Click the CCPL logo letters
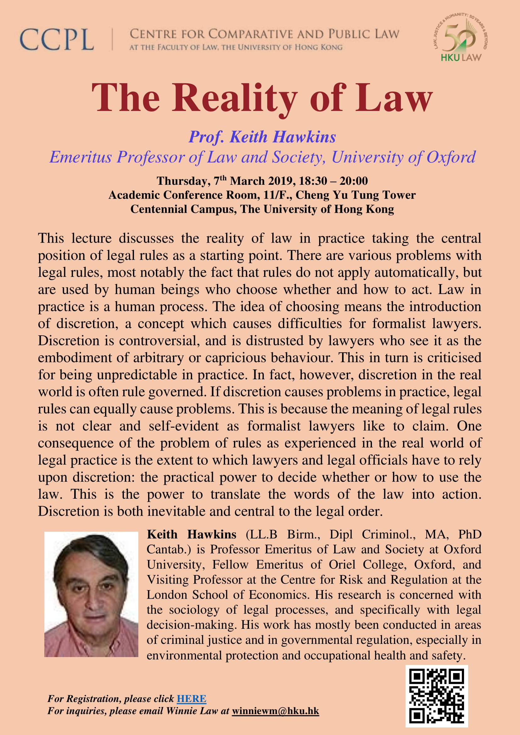(57, 40)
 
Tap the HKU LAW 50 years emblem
(461, 37)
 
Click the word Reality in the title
(235, 98)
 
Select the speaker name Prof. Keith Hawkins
(262, 137)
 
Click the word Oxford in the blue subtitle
(451, 157)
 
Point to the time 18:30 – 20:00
(333, 181)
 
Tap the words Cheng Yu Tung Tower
(356, 195)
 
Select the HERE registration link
(191, 699)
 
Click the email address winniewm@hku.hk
(275, 711)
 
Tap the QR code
(436, 696)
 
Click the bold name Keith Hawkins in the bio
(191, 535)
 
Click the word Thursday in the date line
(183, 181)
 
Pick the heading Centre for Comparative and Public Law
(264, 34)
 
